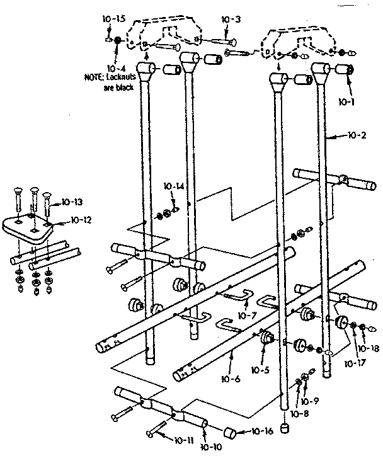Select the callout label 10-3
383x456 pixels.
[231, 20]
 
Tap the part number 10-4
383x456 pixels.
[115, 68]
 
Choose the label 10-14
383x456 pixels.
[173, 186]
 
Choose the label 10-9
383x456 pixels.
[309, 401]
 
